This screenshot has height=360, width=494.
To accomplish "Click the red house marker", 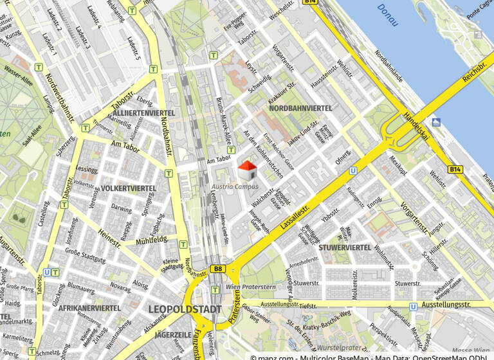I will point(248,170).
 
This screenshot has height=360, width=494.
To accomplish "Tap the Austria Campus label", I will point(235,186).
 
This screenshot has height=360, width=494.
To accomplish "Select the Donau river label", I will point(388,15).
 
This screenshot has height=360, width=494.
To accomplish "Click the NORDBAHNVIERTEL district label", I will point(300,109).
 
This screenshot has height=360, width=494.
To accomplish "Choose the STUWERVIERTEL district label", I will point(345,248).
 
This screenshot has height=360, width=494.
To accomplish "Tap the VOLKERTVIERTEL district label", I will point(129,188).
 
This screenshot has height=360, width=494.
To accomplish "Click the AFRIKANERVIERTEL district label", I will point(89,308).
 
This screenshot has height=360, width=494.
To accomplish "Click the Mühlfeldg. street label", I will point(152,240).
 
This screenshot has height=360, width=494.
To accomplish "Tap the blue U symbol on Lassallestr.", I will point(353,171).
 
